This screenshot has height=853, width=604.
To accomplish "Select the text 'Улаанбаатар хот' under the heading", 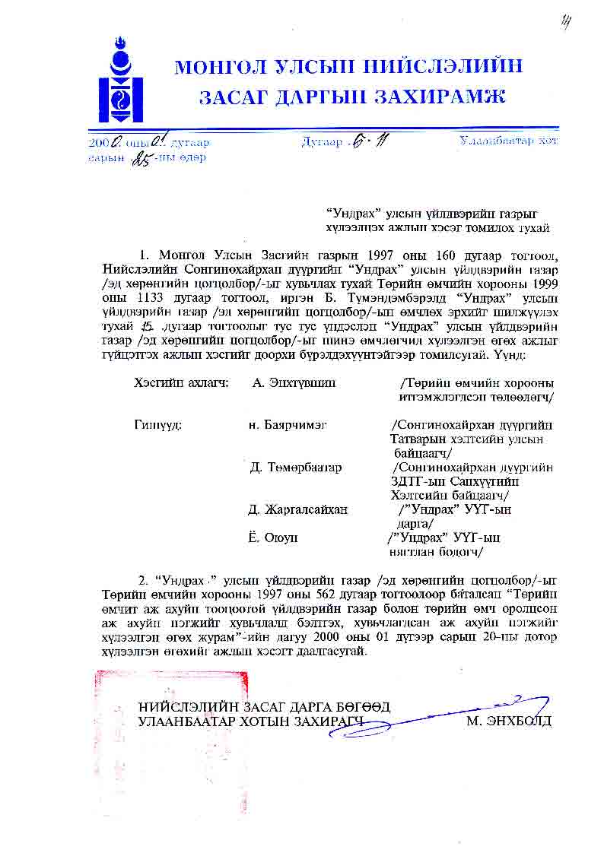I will pyautogui.click(x=507, y=141).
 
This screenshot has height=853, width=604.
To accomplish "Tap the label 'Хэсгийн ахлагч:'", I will pyautogui.click(x=180, y=382).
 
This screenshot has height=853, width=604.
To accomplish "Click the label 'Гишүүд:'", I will pyautogui.click(x=157, y=424).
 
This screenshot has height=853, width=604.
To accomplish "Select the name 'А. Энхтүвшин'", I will pyautogui.click(x=294, y=382).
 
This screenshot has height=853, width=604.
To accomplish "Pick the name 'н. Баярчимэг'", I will pyautogui.click(x=288, y=424).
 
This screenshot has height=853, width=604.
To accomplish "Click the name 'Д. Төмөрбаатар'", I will pyautogui.click(x=296, y=467).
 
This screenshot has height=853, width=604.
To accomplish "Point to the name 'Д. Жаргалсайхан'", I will pyautogui.click(x=298, y=509).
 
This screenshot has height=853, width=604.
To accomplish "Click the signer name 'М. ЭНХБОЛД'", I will pyautogui.click(x=509, y=721).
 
